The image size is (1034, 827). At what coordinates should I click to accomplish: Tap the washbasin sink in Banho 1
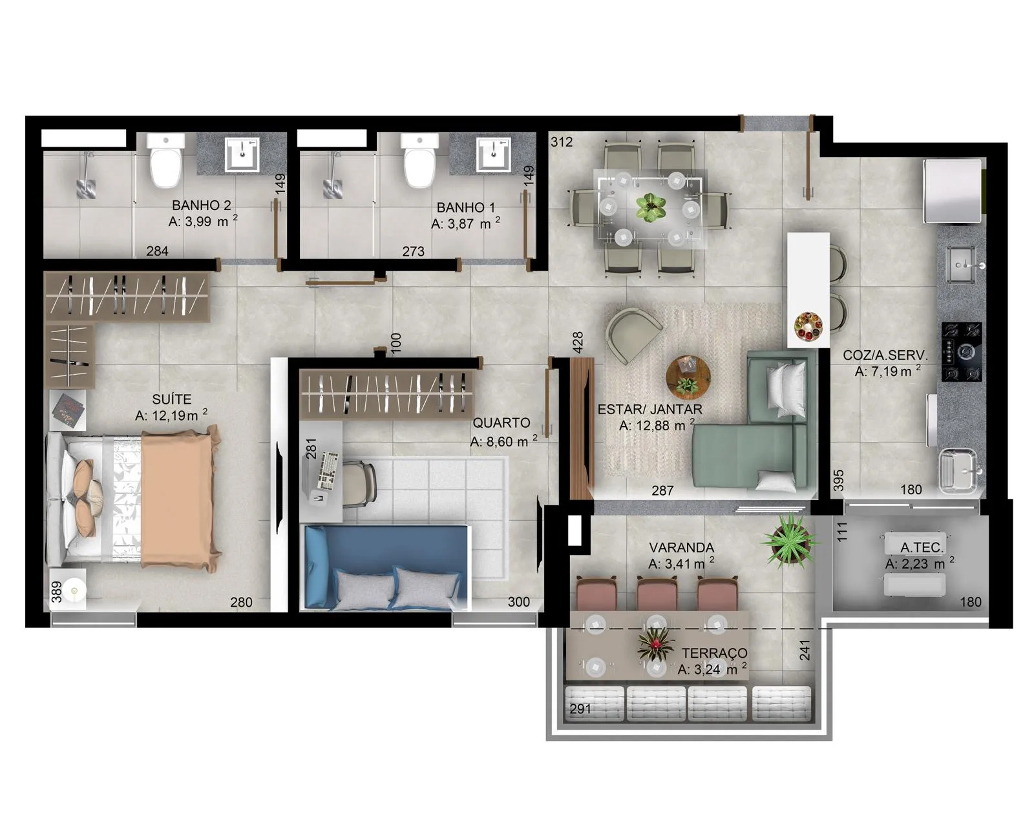click(x=494, y=154)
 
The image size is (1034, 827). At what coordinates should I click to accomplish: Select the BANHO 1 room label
click(x=465, y=207)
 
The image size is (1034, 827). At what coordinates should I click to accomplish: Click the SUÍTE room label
click(x=171, y=399)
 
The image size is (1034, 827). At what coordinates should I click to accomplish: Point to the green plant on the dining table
click(x=649, y=207)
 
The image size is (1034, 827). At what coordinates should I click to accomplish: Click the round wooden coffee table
click(x=688, y=378)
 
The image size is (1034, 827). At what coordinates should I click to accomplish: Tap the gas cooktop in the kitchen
click(x=962, y=352)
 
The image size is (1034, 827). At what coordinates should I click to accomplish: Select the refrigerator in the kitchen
click(x=953, y=191)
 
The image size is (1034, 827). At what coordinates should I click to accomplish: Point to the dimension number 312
click(x=562, y=141)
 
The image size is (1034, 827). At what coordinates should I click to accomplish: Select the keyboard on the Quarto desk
click(x=329, y=470)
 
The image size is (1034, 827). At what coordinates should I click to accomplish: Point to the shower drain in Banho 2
click(x=86, y=189)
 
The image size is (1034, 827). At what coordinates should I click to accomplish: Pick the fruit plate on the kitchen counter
click(x=808, y=326)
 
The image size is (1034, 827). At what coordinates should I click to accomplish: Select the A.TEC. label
click(x=922, y=547)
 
